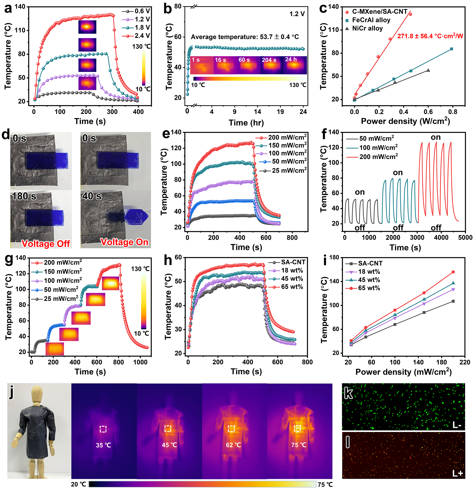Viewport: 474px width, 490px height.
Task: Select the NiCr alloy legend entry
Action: (x=367, y=28)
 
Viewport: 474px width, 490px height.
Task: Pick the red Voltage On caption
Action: (x=124, y=242)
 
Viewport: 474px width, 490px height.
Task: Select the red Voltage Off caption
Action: (x=46, y=244)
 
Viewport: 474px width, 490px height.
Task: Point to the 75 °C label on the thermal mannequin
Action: (x=299, y=445)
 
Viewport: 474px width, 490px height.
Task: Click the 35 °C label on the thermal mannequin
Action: (x=103, y=445)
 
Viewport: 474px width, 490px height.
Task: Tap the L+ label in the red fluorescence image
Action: (x=458, y=473)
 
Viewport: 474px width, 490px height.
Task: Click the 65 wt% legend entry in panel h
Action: (x=292, y=287)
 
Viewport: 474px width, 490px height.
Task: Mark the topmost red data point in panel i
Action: (x=453, y=272)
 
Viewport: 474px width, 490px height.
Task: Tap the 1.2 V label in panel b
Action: (x=297, y=14)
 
